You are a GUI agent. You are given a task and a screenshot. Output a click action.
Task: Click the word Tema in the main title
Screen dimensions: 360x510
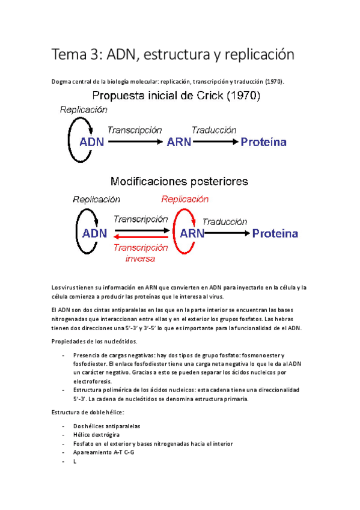point(69,55)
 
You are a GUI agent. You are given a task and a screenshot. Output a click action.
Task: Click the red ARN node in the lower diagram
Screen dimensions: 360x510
point(192,233)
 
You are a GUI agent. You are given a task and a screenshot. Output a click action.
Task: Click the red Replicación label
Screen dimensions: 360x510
point(185,199)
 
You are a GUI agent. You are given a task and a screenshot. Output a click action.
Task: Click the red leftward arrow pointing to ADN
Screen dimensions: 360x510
point(141,238)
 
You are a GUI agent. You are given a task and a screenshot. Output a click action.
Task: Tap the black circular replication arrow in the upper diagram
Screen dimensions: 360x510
point(77,140)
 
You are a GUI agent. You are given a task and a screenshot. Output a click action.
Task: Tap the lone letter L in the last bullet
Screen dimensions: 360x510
point(74,461)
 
